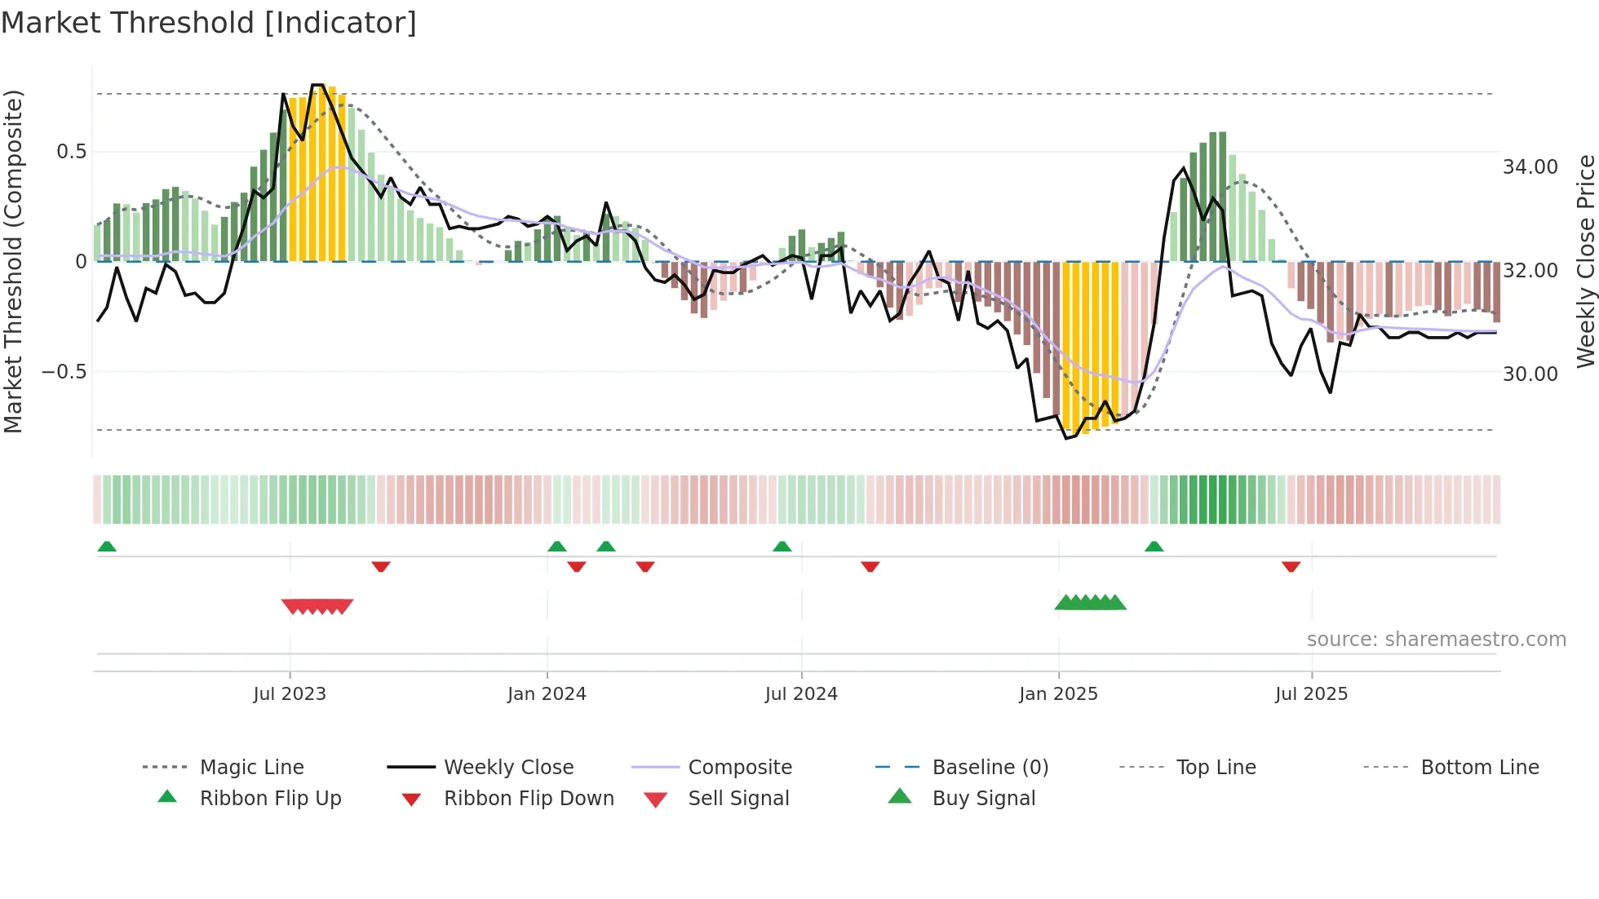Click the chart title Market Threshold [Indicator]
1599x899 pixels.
tap(209, 23)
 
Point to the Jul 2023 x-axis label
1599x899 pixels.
tap(290, 694)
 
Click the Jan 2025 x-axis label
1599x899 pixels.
tap(1058, 694)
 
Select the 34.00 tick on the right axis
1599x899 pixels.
tap(1530, 167)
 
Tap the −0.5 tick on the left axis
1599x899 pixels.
tap(64, 372)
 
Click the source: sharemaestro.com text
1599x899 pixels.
tap(1436, 640)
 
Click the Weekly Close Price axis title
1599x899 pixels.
tap(1585, 261)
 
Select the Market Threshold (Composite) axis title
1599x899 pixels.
tap(13, 261)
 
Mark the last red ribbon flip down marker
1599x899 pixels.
tap(1291, 566)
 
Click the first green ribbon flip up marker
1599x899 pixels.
tap(107, 547)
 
